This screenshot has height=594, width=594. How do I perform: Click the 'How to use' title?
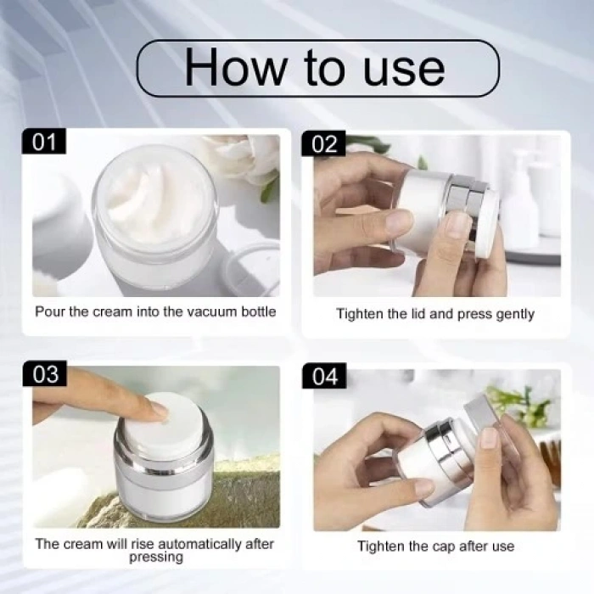tap(315, 68)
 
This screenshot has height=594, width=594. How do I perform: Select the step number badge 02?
tap(323, 143)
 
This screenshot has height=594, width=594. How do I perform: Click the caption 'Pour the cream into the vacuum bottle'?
tap(155, 311)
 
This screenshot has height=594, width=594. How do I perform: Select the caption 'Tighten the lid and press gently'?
tap(435, 314)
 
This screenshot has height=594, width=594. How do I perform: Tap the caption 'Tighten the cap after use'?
tap(435, 546)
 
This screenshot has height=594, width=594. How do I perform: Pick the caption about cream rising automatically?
tap(155, 550)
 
